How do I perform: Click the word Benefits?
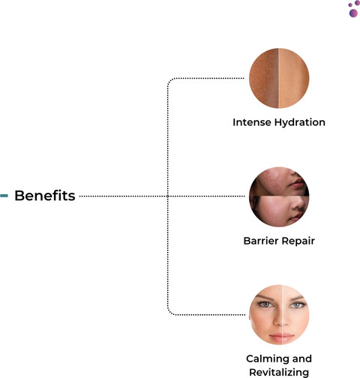click(x=45, y=195)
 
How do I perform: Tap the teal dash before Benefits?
click(x=4, y=196)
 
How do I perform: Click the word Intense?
click(x=252, y=122)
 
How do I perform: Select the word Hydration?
click(x=300, y=123)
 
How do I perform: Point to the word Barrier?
click(x=261, y=241)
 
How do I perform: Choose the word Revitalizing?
click(x=279, y=373)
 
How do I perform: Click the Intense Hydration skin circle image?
click(x=279, y=78)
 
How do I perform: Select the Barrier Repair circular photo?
click(x=279, y=196)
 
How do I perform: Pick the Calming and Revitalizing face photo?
click(x=279, y=315)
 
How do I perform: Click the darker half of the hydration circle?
click(x=264, y=78)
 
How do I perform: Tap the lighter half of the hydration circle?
click(x=294, y=78)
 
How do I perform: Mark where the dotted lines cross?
click(x=168, y=196)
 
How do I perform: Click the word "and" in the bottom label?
click(x=302, y=358)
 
